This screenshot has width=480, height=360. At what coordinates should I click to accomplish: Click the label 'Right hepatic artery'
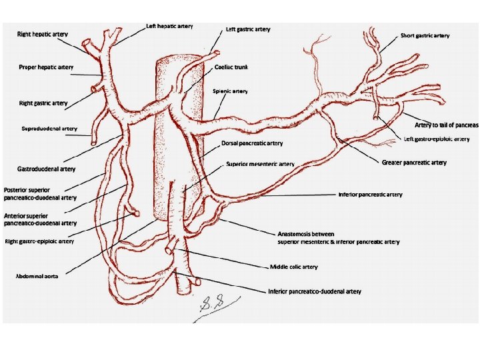pyautogui.click(x=43, y=33)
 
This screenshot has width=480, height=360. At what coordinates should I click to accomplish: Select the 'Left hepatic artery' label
pyautogui.click(x=169, y=27)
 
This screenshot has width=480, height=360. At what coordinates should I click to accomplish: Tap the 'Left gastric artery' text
pyautogui.click(x=248, y=29)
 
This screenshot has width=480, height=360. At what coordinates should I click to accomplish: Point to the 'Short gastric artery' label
pyautogui.click(x=425, y=35)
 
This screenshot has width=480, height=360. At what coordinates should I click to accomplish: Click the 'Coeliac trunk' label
pyautogui.click(x=232, y=67)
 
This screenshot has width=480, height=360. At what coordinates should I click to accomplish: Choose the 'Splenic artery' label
pyautogui.click(x=229, y=91)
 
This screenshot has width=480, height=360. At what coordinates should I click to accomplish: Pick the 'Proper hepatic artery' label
pyautogui.click(x=46, y=67)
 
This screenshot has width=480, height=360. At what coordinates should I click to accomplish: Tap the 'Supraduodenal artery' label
pyautogui.click(x=49, y=129)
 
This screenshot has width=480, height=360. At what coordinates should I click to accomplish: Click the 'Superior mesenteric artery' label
pyautogui.click(x=260, y=163)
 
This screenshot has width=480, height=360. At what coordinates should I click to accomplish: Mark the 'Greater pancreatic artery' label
pyautogui.click(x=414, y=163)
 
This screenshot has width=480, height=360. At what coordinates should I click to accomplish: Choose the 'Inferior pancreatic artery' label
pyautogui.click(x=370, y=195)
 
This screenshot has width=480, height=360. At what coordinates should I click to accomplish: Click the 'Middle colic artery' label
pyautogui.click(x=293, y=267)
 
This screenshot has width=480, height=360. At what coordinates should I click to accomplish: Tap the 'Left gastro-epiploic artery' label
pyautogui.click(x=437, y=139)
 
